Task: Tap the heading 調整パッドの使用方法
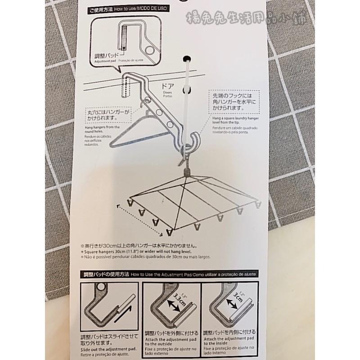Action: tap(105, 274)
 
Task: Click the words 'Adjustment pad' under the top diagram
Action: tap(105, 63)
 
